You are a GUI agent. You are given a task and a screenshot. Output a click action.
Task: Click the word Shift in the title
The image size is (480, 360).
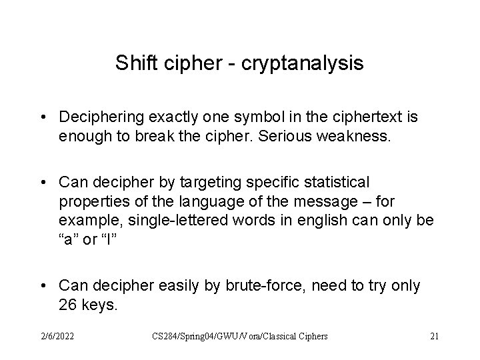point(132,63)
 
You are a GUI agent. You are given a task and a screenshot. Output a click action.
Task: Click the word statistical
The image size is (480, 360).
point(331,181)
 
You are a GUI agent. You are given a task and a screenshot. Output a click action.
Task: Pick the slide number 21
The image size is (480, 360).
point(434,337)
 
